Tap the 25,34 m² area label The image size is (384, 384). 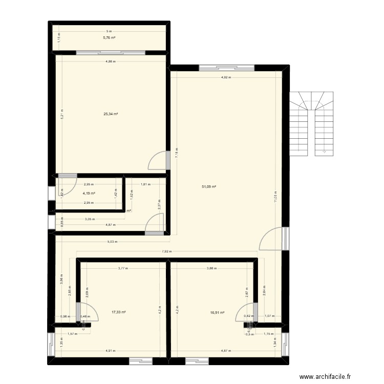(x=111, y=114)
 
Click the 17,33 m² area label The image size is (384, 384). (x=119, y=311)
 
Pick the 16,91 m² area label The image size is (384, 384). (x=218, y=311)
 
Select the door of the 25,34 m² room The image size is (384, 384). (x=159, y=160)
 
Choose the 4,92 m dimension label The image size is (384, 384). (x=226, y=78)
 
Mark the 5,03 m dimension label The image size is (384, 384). (x=113, y=242)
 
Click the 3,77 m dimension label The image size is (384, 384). (x=123, y=268)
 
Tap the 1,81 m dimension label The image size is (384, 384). (x=145, y=184)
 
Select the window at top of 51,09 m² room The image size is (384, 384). (x=226, y=67)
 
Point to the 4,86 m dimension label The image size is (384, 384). (x=111, y=61)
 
